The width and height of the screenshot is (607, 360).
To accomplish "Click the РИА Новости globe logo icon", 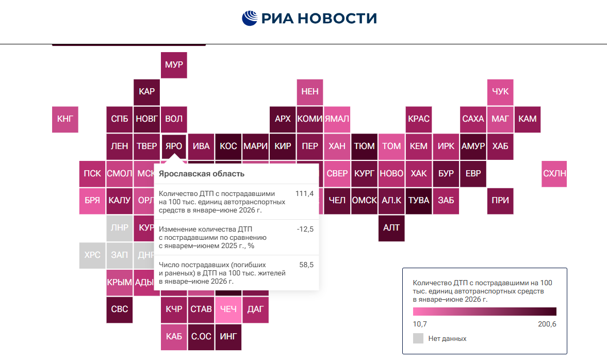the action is pyautogui.click(x=250, y=18).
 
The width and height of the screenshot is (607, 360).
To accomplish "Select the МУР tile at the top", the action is pyautogui.click(x=174, y=65).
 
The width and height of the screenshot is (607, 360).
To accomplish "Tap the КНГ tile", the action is pyautogui.click(x=65, y=119).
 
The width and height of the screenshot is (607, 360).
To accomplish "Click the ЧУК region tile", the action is pyautogui.click(x=500, y=92).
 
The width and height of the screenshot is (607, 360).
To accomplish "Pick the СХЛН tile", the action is pyautogui.click(x=554, y=174).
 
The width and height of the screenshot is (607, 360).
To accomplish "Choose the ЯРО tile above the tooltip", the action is pyautogui.click(x=174, y=146).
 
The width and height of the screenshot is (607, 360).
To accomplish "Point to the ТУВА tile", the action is pyautogui.click(x=418, y=201).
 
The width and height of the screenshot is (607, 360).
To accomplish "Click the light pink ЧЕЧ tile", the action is pyautogui.click(x=228, y=309).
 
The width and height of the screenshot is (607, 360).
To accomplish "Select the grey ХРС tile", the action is pyautogui.click(x=92, y=255).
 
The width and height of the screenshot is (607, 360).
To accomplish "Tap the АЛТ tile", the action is pyautogui.click(x=391, y=228).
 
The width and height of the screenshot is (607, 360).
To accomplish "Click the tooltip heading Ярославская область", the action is pyautogui.click(x=201, y=174).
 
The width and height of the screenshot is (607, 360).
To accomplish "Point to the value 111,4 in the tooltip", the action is pyautogui.click(x=304, y=193).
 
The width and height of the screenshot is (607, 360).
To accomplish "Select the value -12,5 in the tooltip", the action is pyautogui.click(x=305, y=229).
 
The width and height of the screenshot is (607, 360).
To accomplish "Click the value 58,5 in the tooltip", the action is pyautogui.click(x=306, y=265).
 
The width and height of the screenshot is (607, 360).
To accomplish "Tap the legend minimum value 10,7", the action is pyautogui.click(x=420, y=324).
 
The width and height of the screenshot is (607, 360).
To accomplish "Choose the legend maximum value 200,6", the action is pyautogui.click(x=547, y=324).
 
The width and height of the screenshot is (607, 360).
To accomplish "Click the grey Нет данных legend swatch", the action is pyautogui.click(x=418, y=338).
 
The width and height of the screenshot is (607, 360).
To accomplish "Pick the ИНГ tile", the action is pyautogui.click(x=228, y=337).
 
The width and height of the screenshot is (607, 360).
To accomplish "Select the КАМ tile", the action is pyautogui.click(x=527, y=119).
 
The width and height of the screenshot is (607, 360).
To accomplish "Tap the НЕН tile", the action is pyautogui.click(x=310, y=92).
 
